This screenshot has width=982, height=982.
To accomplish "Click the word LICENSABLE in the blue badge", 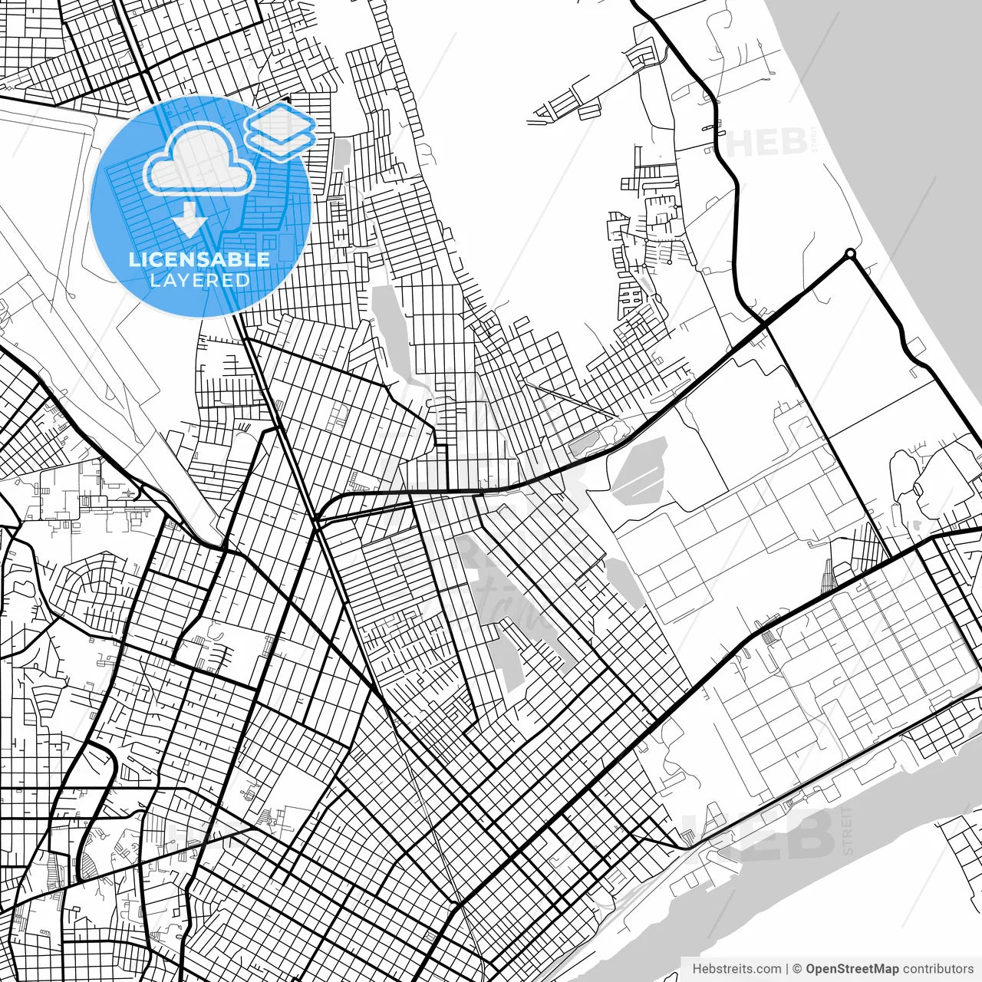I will (x=199, y=259).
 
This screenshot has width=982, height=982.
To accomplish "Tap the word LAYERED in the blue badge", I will (x=199, y=280).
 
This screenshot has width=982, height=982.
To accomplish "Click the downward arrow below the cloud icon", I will (x=189, y=219).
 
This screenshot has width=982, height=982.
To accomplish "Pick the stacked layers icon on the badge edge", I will (x=279, y=130).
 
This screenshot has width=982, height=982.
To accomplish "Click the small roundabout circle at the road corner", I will (x=849, y=253).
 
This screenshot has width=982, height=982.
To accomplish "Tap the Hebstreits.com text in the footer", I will (x=736, y=968).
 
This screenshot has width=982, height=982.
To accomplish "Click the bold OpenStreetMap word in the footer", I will (x=852, y=968).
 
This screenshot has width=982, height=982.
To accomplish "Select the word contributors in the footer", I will (x=937, y=968).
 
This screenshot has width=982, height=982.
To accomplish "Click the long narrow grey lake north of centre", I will (x=391, y=330).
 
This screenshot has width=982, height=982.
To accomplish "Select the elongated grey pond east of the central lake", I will (x=624, y=583).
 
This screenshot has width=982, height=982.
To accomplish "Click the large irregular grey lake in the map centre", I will (x=506, y=614).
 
